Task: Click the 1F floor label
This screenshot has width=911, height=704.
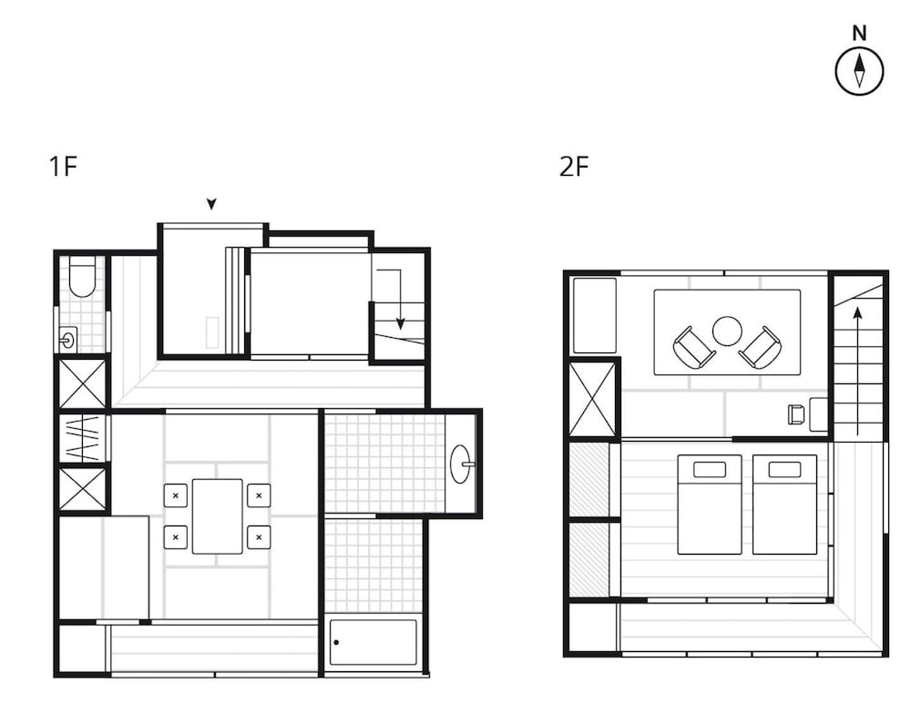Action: pyautogui.click(x=64, y=166)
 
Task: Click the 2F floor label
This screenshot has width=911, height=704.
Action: pyautogui.click(x=574, y=166)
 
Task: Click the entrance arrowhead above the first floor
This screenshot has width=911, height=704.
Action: pyautogui.click(x=212, y=204)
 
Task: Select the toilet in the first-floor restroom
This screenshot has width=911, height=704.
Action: pyautogui.click(x=82, y=277)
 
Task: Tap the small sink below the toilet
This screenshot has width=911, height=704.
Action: pyautogui.click(x=68, y=339)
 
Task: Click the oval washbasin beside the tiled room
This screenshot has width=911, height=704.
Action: pyautogui.click(x=463, y=464)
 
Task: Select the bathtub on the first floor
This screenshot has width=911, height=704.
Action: pyautogui.click(x=373, y=642)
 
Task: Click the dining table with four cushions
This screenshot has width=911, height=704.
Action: pyautogui.click(x=218, y=516)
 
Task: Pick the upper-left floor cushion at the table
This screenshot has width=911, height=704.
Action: pyautogui.click(x=176, y=495)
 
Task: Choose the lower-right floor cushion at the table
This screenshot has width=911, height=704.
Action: pyautogui.click(x=259, y=537)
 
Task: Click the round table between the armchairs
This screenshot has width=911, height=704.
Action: pyautogui.click(x=727, y=332)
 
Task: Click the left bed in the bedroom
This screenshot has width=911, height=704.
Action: pyautogui.click(x=710, y=505)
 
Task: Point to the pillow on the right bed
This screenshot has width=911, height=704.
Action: pyautogui.click(x=784, y=469)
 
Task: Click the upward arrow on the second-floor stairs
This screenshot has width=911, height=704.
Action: pyautogui.click(x=857, y=371)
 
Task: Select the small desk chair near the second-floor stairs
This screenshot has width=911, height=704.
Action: pyautogui.click(x=796, y=414)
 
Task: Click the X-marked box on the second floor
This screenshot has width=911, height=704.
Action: pyautogui.click(x=592, y=399)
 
